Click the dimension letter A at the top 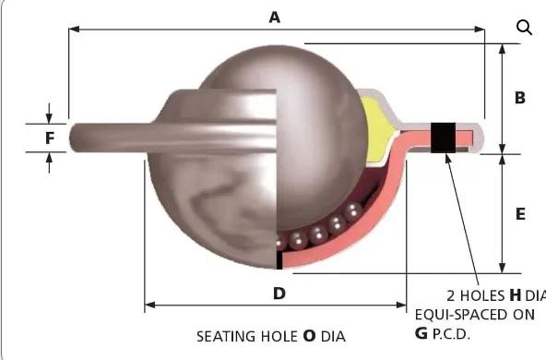pyautogui.click(x=273, y=17)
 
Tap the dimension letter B pyautogui.click(x=520, y=97)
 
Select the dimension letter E pyautogui.click(x=520, y=213)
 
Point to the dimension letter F pyautogui.click(x=50, y=139)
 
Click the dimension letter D pyautogui.click(x=279, y=294)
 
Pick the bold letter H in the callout pyautogui.click(x=515, y=295)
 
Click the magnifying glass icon pyautogui.click(x=524, y=27)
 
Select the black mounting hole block pyautogui.click(x=444, y=137)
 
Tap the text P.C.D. pyautogui.click(x=452, y=333)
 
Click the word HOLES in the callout pyautogui.click(x=481, y=296)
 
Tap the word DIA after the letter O pyautogui.click(x=333, y=336)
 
